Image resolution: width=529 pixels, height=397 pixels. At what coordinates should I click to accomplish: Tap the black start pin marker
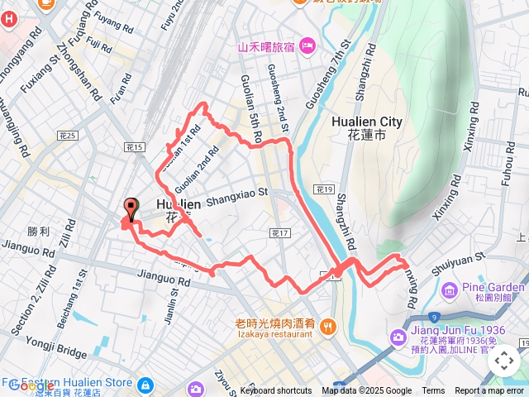[130, 210]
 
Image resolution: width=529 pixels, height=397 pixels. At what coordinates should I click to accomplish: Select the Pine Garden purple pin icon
[449, 289]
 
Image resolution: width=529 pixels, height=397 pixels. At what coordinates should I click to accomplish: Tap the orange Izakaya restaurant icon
[329, 326]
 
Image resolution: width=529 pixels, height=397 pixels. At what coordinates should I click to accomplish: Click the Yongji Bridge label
[56, 354]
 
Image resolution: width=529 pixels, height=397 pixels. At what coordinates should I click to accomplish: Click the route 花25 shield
[68, 135]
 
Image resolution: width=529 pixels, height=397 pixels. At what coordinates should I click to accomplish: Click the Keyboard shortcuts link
[276, 391]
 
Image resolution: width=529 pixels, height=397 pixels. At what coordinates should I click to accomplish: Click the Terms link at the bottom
[433, 391]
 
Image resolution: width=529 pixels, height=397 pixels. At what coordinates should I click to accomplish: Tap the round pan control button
[503, 360]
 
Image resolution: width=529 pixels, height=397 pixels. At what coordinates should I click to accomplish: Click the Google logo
[31, 385]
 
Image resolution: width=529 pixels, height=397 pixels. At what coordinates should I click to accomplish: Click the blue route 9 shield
[435, 315]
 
